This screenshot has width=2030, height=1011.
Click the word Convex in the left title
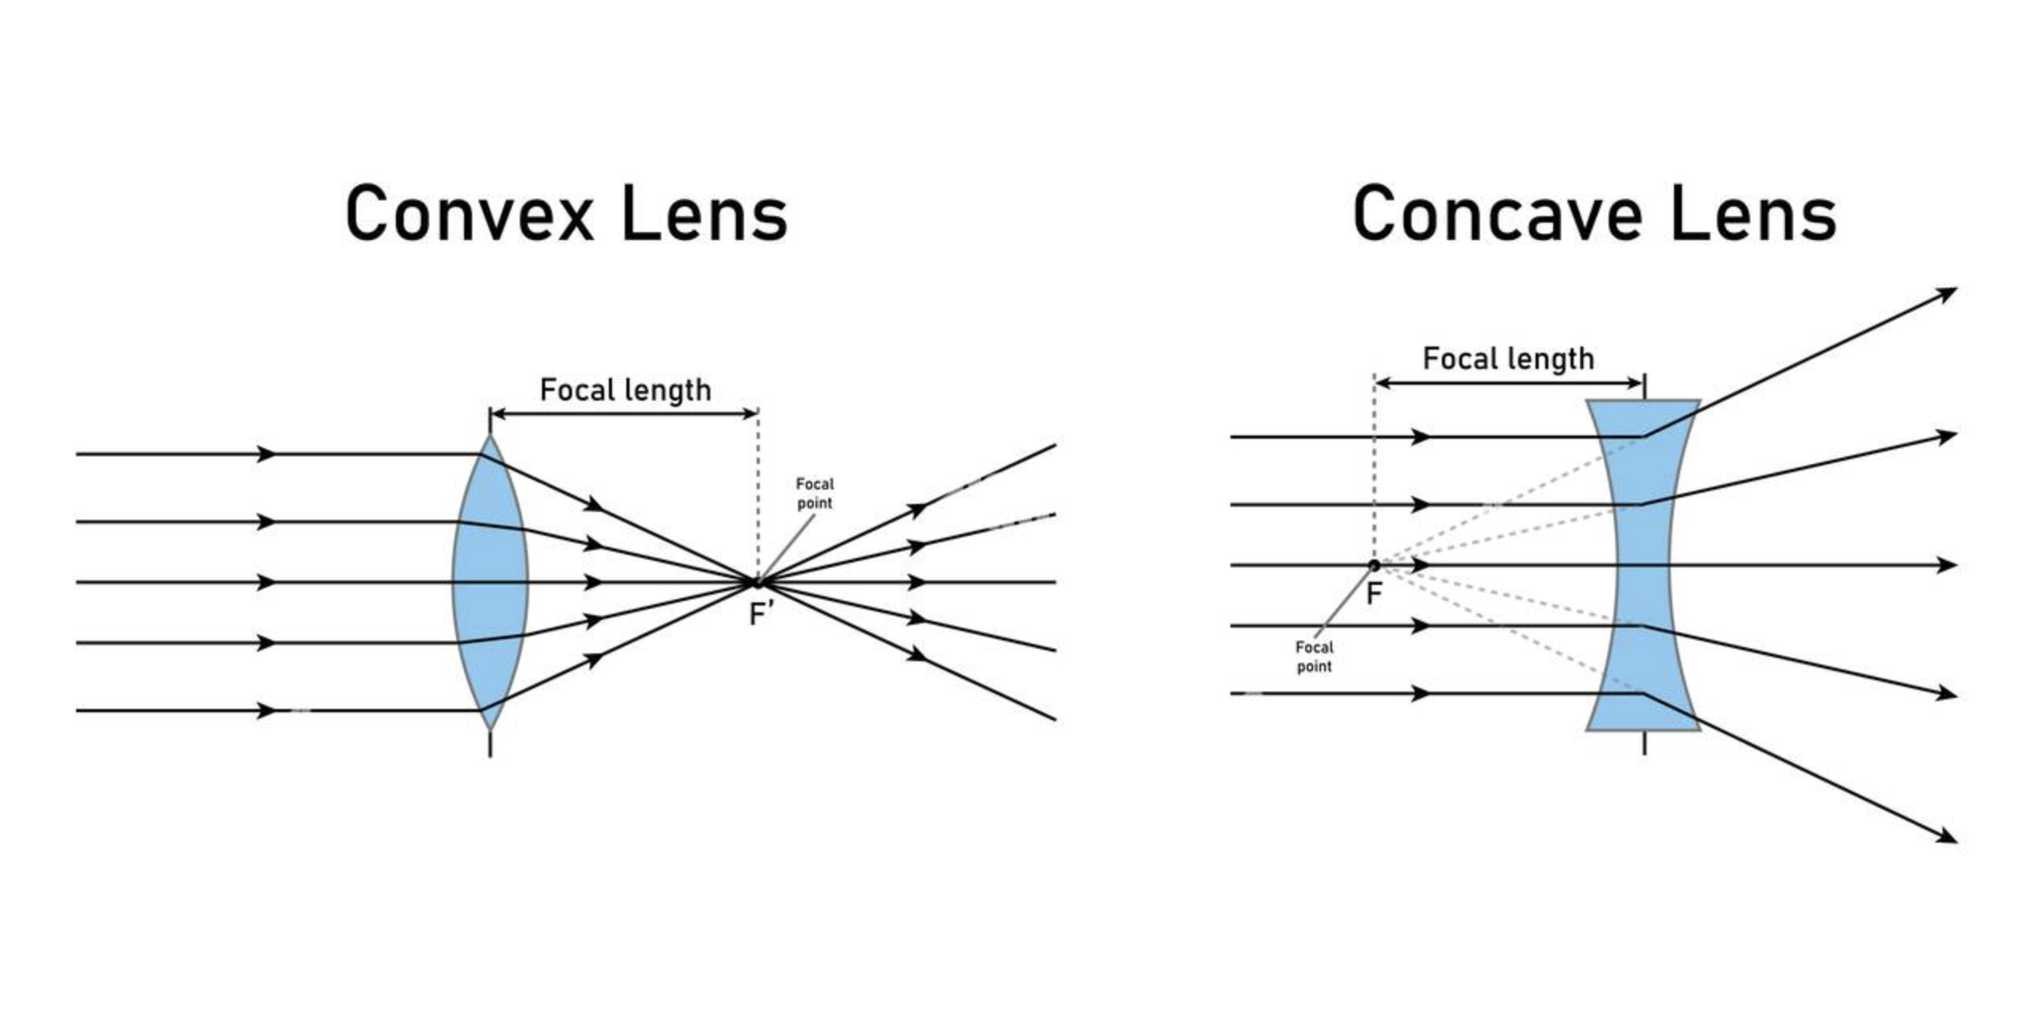click(470, 213)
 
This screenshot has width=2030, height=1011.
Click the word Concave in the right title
click(1497, 213)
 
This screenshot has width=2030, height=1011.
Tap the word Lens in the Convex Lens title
click(704, 213)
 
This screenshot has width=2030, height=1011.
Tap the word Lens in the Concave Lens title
click(1753, 213)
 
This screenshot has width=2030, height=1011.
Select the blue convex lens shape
click(490, 582)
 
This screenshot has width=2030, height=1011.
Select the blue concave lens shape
click(1643, 565)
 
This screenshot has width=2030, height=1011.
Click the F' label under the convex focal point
click(761, 614)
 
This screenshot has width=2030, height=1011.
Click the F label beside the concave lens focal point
click(1373, 594)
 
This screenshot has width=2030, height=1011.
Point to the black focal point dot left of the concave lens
click(1373, 565)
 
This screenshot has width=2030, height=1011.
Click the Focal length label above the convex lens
click(626, 390)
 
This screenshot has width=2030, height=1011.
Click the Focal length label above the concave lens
click(1508, 358)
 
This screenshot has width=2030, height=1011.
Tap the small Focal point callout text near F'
click(815, 493)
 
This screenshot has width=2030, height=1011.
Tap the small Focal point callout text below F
click(1314, 657)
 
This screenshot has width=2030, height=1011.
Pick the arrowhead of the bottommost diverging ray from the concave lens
click(1947, 836)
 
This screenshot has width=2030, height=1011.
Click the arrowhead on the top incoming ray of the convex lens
click(267, 454)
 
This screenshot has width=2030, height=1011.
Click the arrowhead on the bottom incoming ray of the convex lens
click(267, 710)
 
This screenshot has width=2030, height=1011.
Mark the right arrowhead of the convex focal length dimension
click(750, 413)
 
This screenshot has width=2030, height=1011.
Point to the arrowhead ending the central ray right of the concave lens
click(1947, 565)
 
